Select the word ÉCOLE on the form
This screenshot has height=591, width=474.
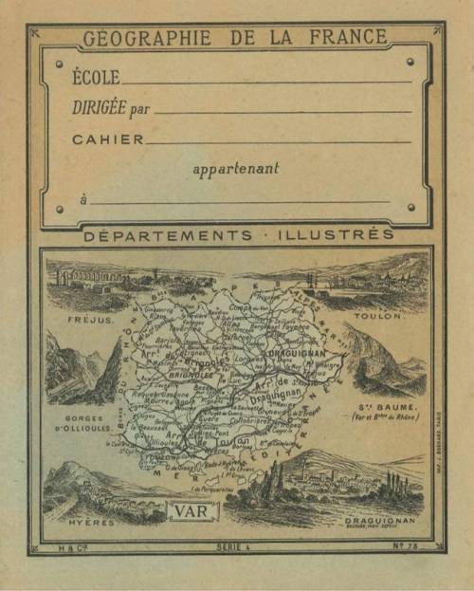pos(95,75)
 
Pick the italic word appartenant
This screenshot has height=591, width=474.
pos(236,170)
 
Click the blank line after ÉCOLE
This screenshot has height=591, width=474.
pos(265,83)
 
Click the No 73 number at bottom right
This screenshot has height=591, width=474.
pos(409,547)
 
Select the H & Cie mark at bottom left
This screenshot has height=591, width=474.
pos(66,547)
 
